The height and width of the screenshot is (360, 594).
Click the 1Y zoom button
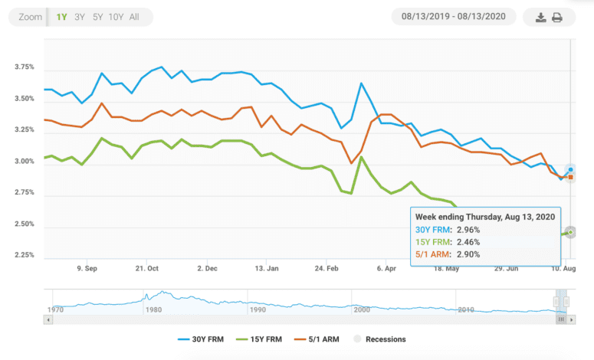[61, 17]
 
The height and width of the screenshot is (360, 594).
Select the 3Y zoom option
[80, 17]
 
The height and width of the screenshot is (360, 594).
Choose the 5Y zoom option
[98, 17]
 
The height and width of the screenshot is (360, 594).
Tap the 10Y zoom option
[117, 17]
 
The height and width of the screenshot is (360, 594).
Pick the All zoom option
[135, 17]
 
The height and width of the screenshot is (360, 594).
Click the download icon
[541, 18]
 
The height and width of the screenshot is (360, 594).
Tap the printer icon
[558, 18]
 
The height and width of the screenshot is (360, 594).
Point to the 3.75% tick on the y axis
[25, 67]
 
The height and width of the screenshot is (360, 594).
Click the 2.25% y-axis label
[25, 255]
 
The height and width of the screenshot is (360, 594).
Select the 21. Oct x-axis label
[147, 269]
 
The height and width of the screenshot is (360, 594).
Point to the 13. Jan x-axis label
[267, 269]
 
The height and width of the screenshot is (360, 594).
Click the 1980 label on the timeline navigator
[153, 309]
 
